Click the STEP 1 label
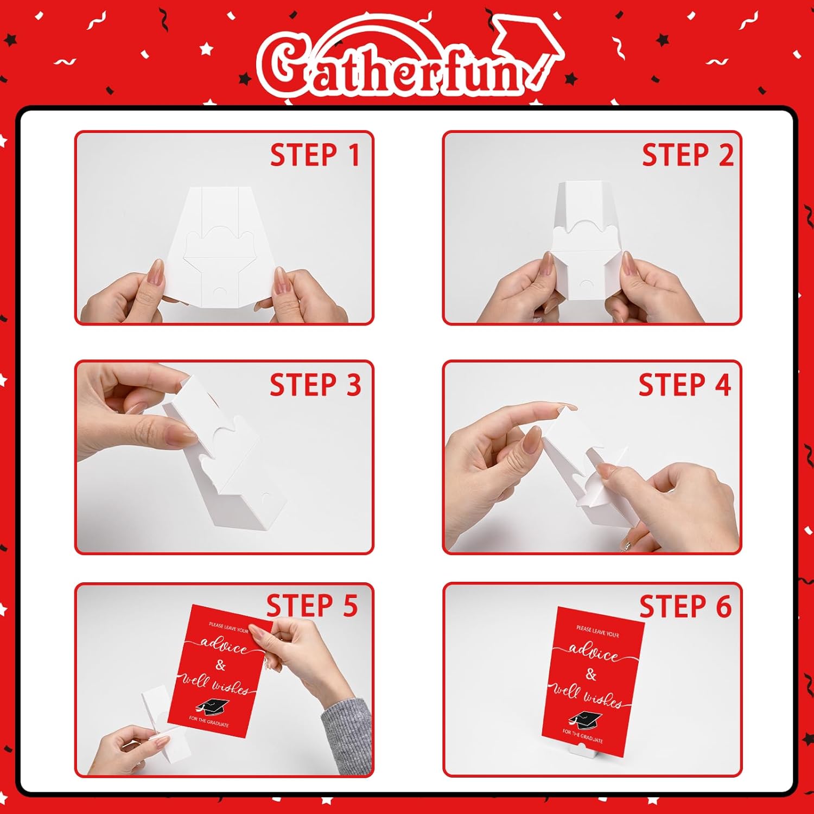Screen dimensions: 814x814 (x=315, y=155)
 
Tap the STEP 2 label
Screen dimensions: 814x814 (x=688, y=155)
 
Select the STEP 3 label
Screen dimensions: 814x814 (x=315, y=385)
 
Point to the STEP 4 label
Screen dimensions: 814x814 (x=685, y=385)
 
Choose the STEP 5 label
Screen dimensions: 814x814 (x=312, y=606)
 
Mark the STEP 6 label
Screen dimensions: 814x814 (x=685, y=606)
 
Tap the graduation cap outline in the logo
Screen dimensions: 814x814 (x=529, y=49)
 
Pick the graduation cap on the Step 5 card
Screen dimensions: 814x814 (x=213, y=706)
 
